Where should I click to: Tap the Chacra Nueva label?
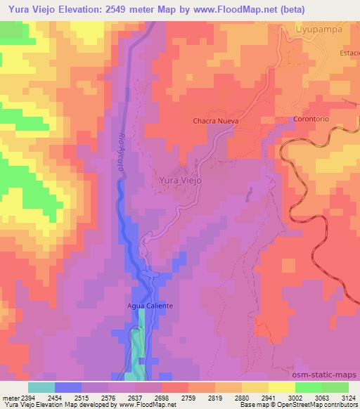[x=216, y=121]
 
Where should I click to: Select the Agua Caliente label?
[x=150, y=306]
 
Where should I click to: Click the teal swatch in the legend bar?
[x=41, y=387]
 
